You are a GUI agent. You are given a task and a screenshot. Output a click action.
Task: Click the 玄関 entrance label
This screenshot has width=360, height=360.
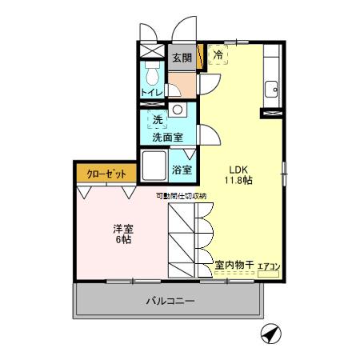(182, 58)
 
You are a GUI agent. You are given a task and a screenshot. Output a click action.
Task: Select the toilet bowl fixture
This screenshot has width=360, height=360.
(152, 74)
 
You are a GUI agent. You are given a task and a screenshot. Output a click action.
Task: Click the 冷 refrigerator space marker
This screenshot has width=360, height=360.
(218, 55)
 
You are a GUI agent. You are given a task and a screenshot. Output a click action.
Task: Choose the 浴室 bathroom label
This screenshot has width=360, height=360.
(182, 170)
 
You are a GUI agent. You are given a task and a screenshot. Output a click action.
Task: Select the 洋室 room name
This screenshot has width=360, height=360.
(122, 228)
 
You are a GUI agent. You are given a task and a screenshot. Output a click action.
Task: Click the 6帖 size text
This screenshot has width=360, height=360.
(122, 240)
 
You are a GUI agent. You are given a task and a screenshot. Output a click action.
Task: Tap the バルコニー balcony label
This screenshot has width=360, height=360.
(170, 302)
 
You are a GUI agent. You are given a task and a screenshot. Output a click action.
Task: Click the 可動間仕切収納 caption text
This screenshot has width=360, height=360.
(181, 195)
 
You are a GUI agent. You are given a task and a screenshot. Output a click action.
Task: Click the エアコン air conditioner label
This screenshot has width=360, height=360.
(268, 265)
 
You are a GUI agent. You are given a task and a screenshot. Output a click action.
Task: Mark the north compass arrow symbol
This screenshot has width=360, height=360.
(270, 334)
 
